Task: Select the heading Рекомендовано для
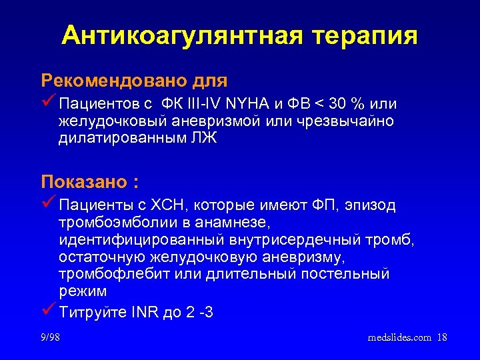[x=134, y=81]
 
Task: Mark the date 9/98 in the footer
[x=49, y=337]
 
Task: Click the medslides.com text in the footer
[x=399, y=337]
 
